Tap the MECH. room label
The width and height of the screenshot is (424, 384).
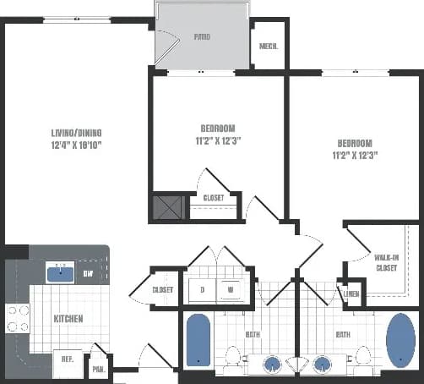[269, 47]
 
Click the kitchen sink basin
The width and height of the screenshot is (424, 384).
[59, 272]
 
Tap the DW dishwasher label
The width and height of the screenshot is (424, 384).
[87, 273]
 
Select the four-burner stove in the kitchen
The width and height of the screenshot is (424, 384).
[18, 318]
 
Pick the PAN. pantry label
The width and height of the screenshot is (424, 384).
[99, 369]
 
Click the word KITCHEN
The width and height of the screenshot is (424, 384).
[68, 320]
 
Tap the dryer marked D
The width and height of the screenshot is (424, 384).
[202, 289]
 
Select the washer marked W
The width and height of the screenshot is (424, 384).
[230, 289]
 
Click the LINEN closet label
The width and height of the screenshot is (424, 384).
[351, 293]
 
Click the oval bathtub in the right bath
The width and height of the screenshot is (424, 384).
[400, 342]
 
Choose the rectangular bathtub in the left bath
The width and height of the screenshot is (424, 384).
[198, 340]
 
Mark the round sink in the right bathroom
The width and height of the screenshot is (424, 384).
[321, 364]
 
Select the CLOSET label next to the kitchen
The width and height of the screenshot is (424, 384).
[162, 289]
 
